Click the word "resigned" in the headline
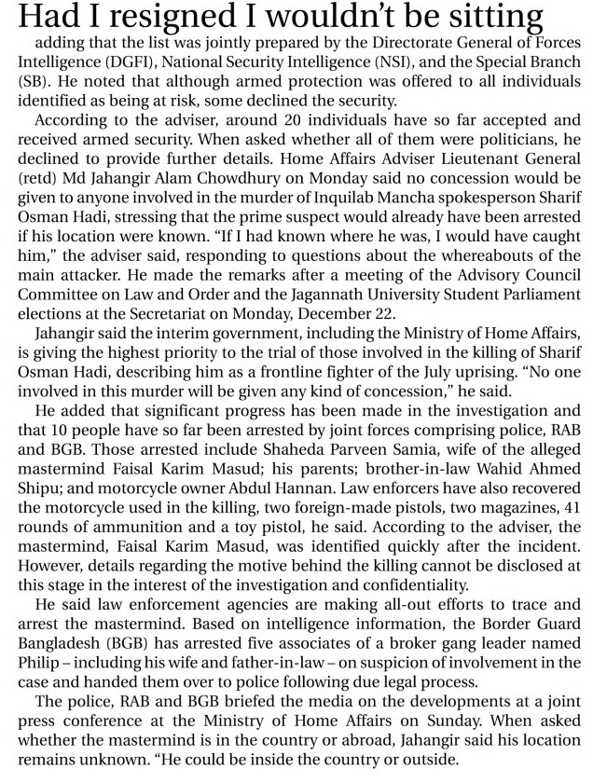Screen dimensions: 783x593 pos(138,18)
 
